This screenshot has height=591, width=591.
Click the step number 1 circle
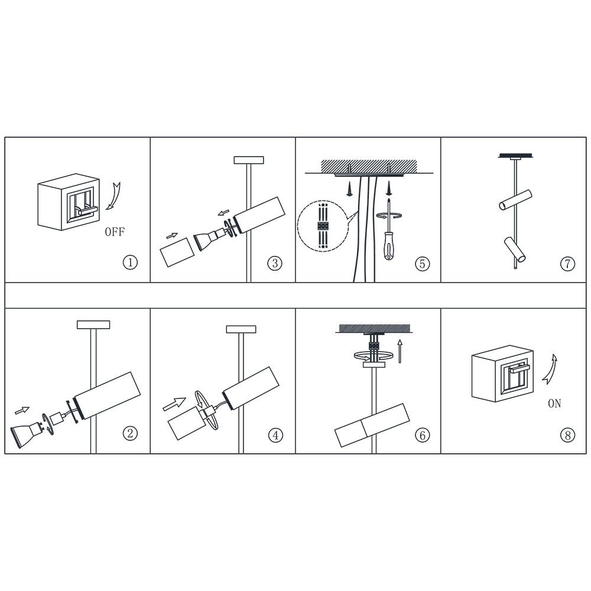(131, 262)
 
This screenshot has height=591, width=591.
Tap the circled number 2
(131, 433)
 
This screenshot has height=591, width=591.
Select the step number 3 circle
(275, 263)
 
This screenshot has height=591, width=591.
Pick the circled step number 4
(275, 436)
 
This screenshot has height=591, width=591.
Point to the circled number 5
(422, 264)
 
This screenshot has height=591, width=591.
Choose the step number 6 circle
(422, 436)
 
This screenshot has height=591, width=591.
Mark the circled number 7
(567, 264)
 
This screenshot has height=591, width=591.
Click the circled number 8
(567, 436)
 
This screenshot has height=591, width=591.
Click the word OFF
(115, 232)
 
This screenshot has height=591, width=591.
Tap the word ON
(554, 404)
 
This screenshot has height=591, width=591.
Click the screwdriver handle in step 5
(389, 247)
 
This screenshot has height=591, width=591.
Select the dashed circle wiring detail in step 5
(322, 225)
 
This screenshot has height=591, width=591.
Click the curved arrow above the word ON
(551, 369)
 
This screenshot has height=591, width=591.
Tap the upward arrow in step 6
(400, 351)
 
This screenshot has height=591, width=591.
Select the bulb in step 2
(27, 432)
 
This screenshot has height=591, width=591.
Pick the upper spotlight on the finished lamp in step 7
(515, 200)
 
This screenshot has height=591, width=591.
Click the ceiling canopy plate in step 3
(248, 160)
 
